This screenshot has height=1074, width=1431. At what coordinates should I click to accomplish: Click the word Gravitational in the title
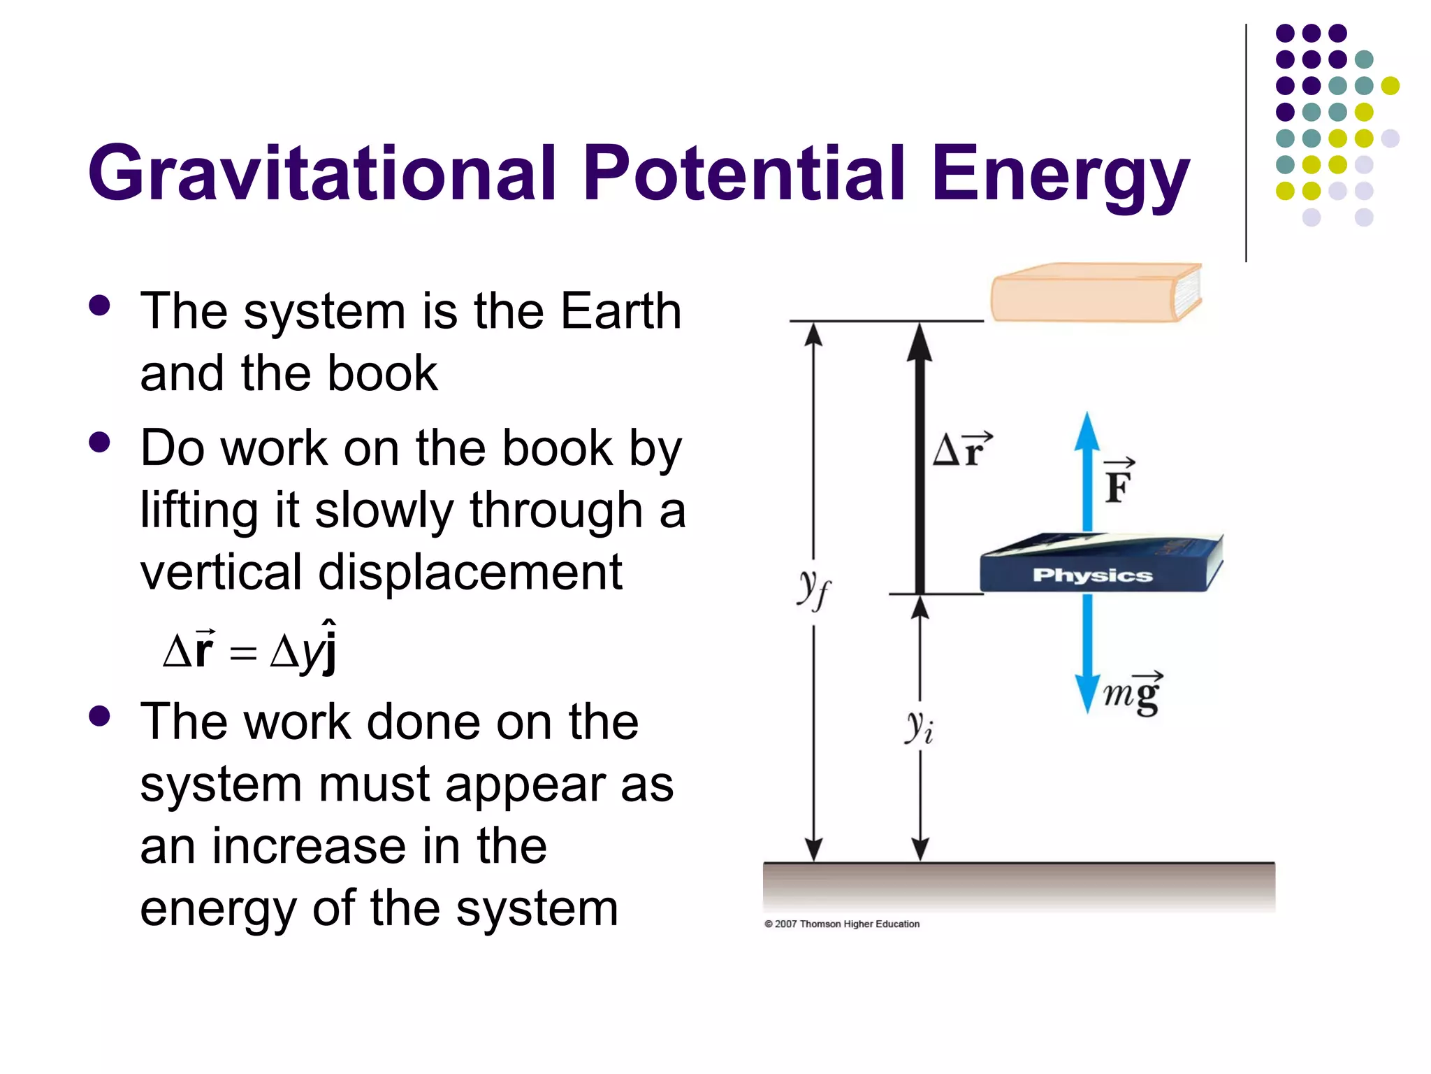click(322, 173)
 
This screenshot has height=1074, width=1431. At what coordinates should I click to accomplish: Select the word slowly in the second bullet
click(384, 510)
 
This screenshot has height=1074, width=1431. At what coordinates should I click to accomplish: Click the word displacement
click(470, 573)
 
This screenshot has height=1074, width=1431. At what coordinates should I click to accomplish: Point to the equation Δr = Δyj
click(250, 648)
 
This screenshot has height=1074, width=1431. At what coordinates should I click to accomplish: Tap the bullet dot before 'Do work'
click(100, 443)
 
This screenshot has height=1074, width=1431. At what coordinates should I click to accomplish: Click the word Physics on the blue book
click(1092, 575)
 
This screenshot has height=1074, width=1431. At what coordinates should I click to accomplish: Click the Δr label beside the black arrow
click(961, 450)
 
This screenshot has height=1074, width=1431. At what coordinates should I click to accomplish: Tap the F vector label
click(1118, 482)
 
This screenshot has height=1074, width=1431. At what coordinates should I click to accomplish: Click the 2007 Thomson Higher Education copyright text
click(842, 924)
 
